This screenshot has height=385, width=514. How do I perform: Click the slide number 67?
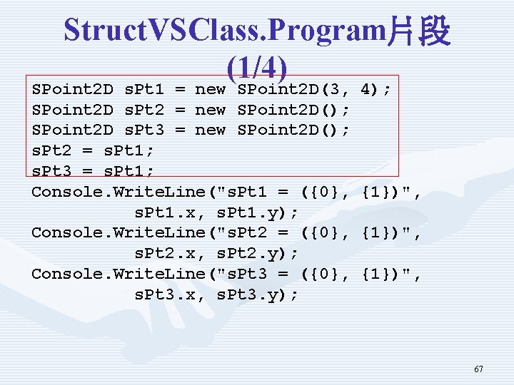click(x=478, y=369)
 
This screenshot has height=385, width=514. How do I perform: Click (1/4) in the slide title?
click(x=257, y=68)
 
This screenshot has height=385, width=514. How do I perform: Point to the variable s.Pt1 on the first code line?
click(x=144, y=90)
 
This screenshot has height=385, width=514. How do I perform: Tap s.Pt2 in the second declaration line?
click(x=144, y=111)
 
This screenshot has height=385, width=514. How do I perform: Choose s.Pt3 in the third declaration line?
click(x=144, y=130)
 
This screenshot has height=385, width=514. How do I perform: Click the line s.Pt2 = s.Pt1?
click(x=93, y=151)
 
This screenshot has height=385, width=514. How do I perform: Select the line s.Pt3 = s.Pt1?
click(x=93, y=172)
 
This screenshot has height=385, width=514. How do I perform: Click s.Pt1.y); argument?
click(x=258, y=212)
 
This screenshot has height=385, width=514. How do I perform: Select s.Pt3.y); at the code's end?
click(x=258, y=294)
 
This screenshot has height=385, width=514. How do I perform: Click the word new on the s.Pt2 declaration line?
click(x=211, y=111)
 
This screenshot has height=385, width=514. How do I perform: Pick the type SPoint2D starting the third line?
click(x=72, y=130)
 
